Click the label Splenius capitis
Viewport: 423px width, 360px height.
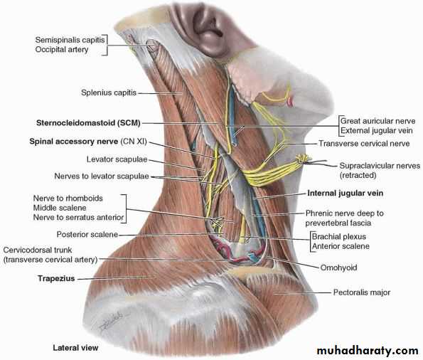[109, 92]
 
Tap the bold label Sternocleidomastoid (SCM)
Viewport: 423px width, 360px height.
[88, 123]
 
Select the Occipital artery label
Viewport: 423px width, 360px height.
[62, 49]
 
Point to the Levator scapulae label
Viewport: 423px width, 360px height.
[117, 159]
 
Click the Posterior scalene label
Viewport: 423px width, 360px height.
[87, 234]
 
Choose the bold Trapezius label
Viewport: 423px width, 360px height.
[56, 278]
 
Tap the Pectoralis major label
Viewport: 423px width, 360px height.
[362, 292]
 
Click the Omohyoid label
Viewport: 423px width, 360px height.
[338, 268]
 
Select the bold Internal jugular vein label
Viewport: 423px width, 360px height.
[346, 193]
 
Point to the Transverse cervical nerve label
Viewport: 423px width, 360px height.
[364, 144]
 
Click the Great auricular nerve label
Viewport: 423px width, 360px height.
[378, 121]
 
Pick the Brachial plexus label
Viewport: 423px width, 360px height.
[339, 237]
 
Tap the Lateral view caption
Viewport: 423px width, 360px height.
[75, 348]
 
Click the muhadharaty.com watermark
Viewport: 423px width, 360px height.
[368, 351]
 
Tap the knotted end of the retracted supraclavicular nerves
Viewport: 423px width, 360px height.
[304, 159]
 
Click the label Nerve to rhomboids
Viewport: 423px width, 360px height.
[68, 198]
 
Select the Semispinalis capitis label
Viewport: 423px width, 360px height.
[70, 40]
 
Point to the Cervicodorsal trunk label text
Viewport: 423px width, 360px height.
[38, 250]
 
